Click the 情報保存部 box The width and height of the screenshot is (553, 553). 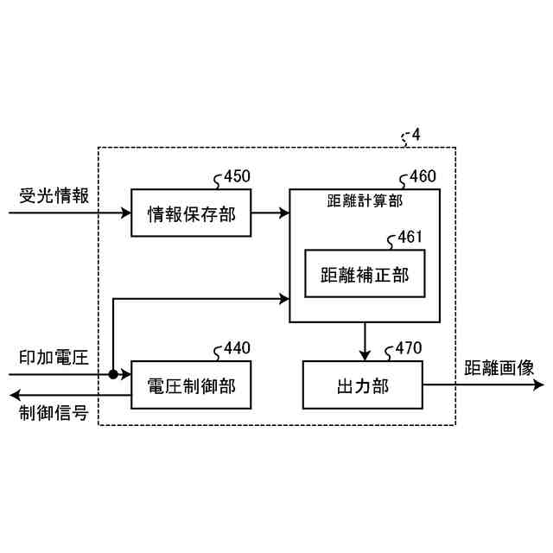[x=191, y=213]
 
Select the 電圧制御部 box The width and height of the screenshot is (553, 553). [x=191, y=385]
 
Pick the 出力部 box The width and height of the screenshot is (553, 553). [x=362, y=385]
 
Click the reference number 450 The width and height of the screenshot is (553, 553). [x=237, y=177]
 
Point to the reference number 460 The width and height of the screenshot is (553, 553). [x=423, y=177]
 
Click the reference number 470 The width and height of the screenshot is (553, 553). [x=409, y=349]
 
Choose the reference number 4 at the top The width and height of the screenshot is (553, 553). [x=416, y=136]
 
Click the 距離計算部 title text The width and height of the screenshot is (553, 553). [x=365, y=200]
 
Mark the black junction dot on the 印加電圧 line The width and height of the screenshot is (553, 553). [x=113, y=375]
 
